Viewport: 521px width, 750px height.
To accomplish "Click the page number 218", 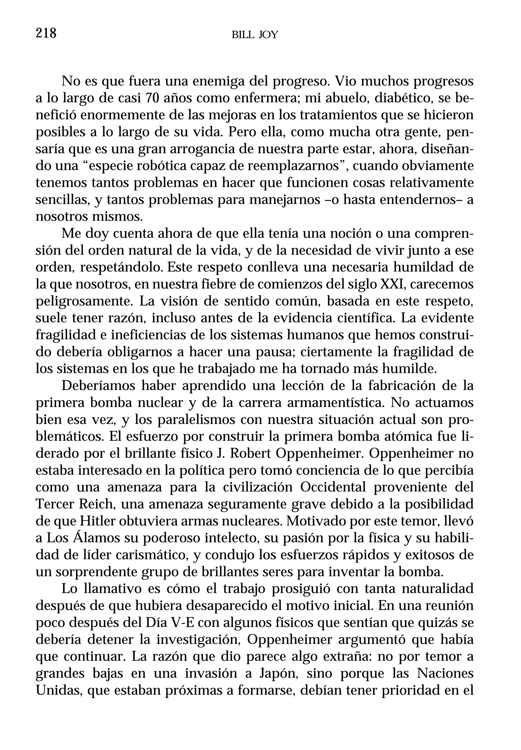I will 46,33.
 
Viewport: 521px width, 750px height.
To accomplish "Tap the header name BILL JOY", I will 255,35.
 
